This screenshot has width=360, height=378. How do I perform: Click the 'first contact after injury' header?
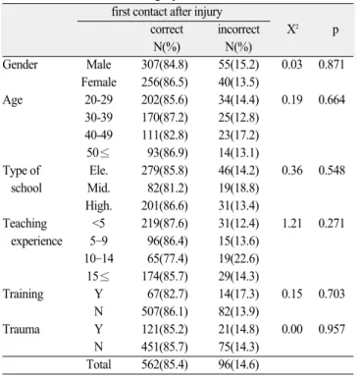pos(167,12)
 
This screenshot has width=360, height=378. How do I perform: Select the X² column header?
pos(292,29)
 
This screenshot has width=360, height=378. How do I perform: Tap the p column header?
pos(334,31)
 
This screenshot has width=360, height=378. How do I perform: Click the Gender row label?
pos(20,65)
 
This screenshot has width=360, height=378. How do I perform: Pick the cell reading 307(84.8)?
pos(165,65)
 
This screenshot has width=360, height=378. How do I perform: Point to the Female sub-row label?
pos(99,81)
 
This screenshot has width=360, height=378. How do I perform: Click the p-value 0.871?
pos(332,64)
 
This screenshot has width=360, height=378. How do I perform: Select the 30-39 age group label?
pos(99,117)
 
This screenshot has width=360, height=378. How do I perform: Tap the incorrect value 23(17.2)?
pos(238,135)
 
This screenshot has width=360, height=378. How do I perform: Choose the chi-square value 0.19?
pos(292,99)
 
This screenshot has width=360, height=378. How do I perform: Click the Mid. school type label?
pos(99,188)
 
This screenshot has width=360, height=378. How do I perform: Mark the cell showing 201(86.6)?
pos(165,205)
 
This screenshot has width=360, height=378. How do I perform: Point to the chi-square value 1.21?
pos(292,223)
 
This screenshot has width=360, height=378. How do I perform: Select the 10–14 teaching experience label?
pos(99,258)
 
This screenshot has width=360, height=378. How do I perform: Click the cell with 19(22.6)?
pos(238,258)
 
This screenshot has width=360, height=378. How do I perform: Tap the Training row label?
pos(23,294)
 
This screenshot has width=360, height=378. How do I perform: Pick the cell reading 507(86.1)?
pos(165,311)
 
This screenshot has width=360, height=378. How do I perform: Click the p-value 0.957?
pos(332,329)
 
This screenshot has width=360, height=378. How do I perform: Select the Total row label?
pos(99,364)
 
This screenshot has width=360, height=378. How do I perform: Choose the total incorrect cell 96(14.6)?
pos(238,364)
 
